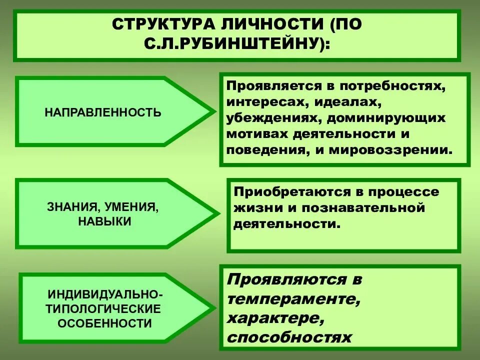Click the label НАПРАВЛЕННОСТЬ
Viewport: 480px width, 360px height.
click(103, 112)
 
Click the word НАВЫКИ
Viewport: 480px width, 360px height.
click(104, 221)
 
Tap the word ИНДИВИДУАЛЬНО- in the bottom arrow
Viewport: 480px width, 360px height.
click(104, 293)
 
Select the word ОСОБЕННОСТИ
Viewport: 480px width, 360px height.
click(104, 323)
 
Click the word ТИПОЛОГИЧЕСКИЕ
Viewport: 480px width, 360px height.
click(104, 308)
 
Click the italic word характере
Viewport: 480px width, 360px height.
click(272, 318)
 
